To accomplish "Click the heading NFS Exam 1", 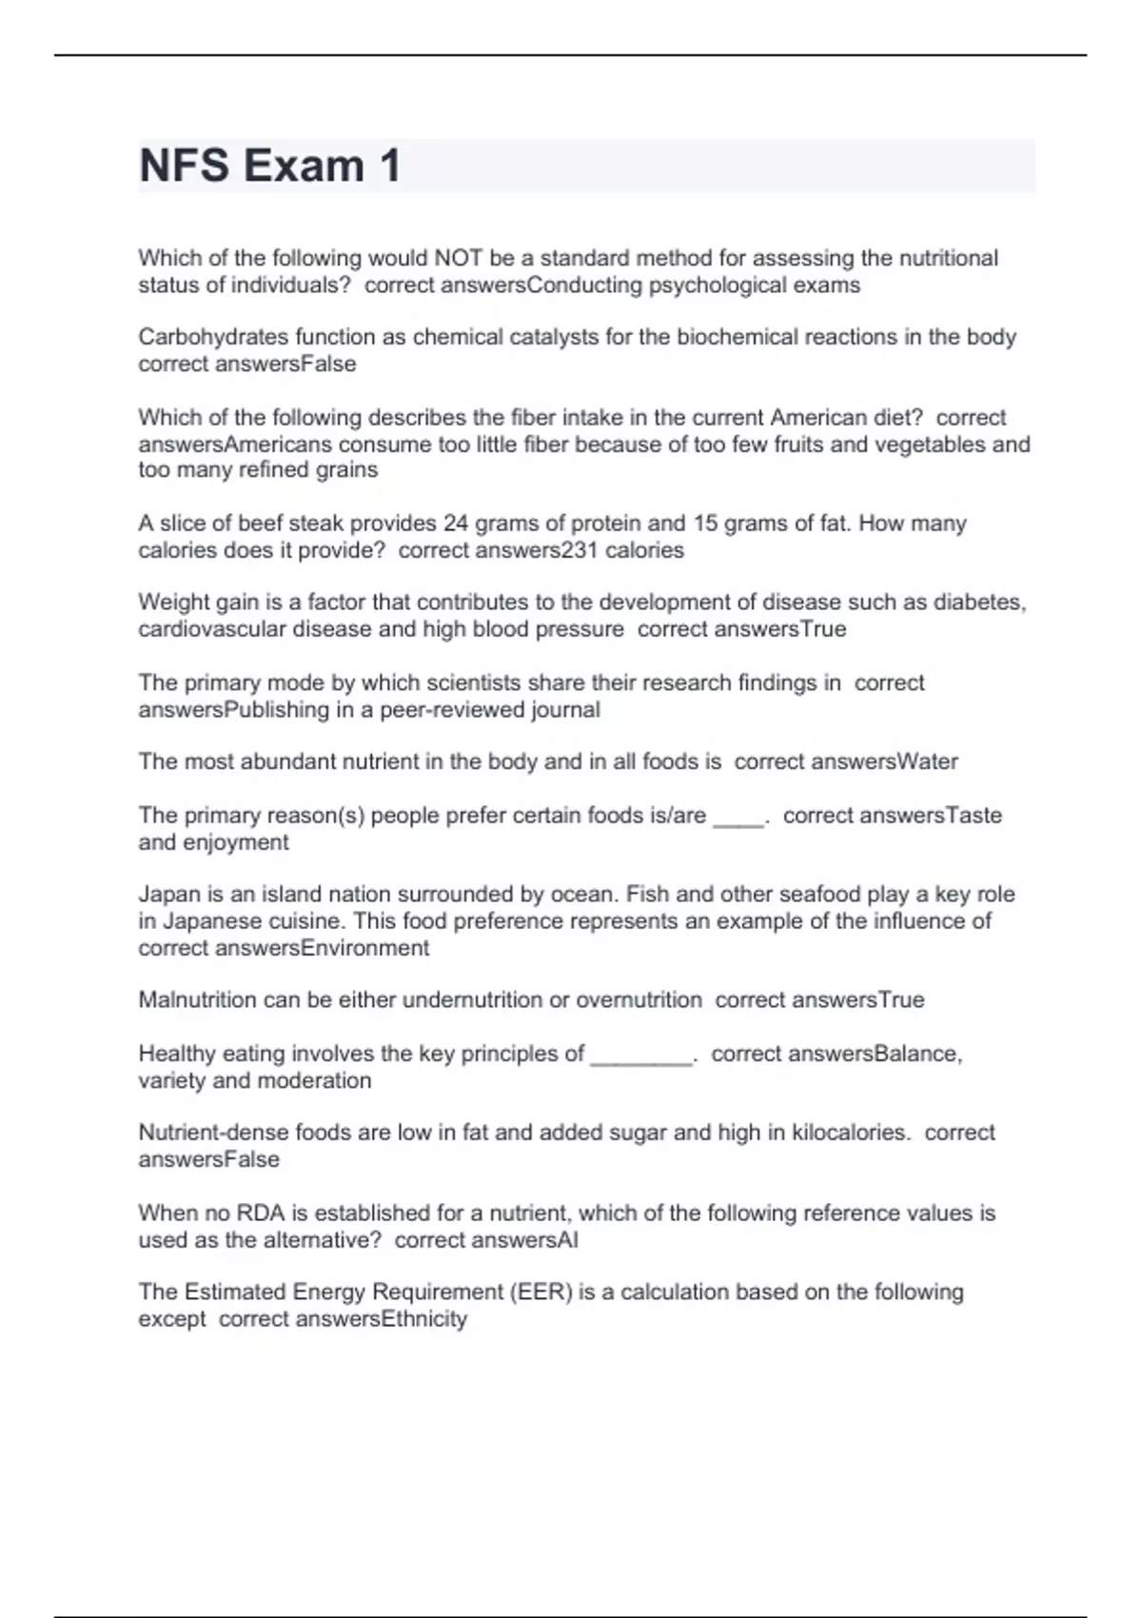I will [x=269, y=166].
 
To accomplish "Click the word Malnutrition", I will [x=197, y=1000].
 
